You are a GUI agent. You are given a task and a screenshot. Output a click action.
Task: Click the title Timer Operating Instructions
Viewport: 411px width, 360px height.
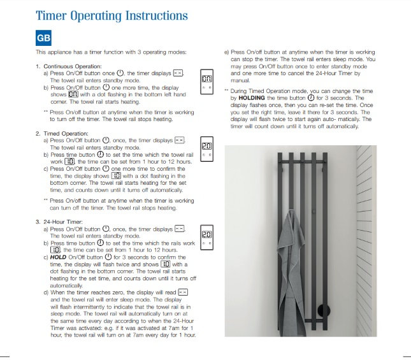(x=112, y=15)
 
